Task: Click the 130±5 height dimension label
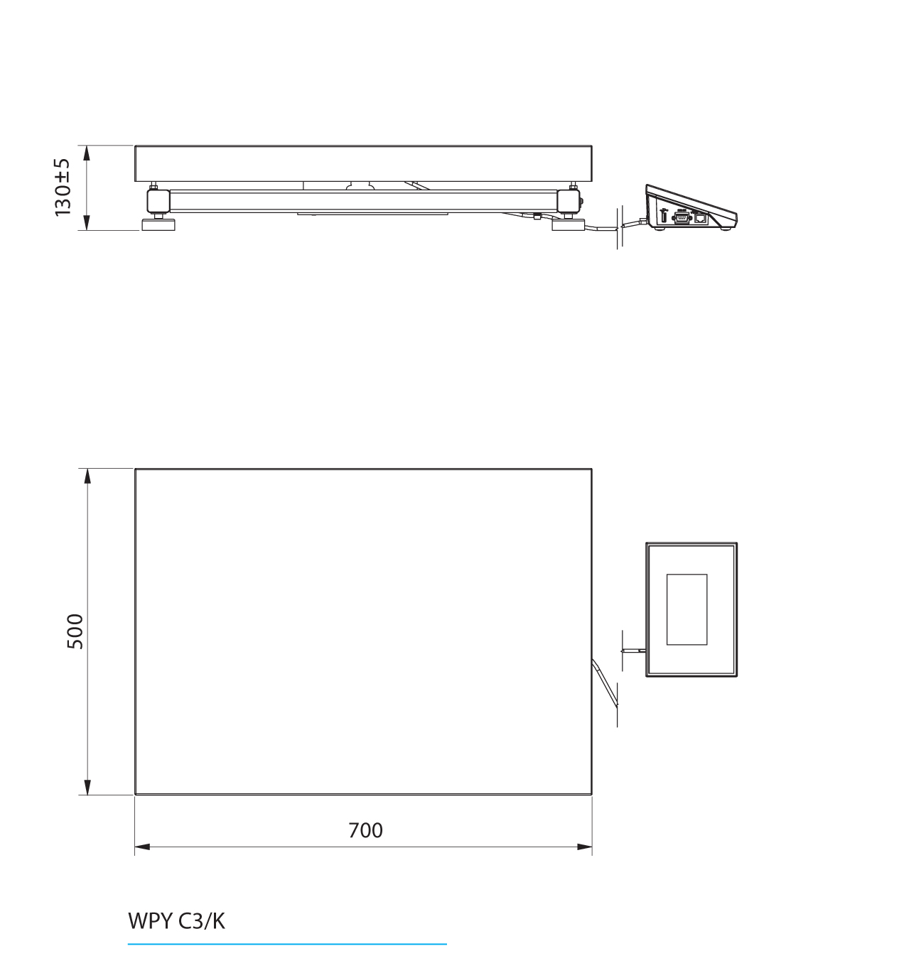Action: point(63,187)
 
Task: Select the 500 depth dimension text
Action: point(75,631)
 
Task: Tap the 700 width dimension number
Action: point(365,830)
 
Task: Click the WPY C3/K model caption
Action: point(176,921)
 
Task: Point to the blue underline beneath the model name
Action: point(287,945)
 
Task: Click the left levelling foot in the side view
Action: point(159,224)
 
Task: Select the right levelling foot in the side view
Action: point(569,225)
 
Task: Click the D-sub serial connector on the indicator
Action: point(681,218)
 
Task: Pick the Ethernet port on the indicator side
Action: point(701,218)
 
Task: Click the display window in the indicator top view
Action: point(686,609)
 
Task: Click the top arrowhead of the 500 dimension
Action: point(87,476)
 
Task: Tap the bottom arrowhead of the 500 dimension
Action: point(87,787)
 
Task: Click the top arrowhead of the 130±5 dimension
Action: point(87,153)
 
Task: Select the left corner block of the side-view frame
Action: point(158,200)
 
